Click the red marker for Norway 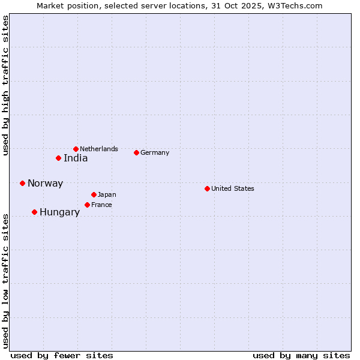tap(22, 183)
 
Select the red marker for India tap(58, 158)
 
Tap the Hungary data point tap(34, 212)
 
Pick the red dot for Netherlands tap(76, 149)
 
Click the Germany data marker tap(136, 152)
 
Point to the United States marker tap(207, 188)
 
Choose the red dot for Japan tap(94, 194)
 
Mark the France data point tap(87, 205)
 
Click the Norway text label tap(45, 184)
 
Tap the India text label tap(76, 158)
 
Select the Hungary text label tap(59, 212)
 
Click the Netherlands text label tap(99, 149)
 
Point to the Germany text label tap(155, 152)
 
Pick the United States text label tap(233, 188)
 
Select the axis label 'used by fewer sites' tap(62, 355)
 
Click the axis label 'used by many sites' tap(301, 355)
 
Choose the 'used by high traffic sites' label tap(6, 85)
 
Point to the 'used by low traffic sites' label tap(6, 280)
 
